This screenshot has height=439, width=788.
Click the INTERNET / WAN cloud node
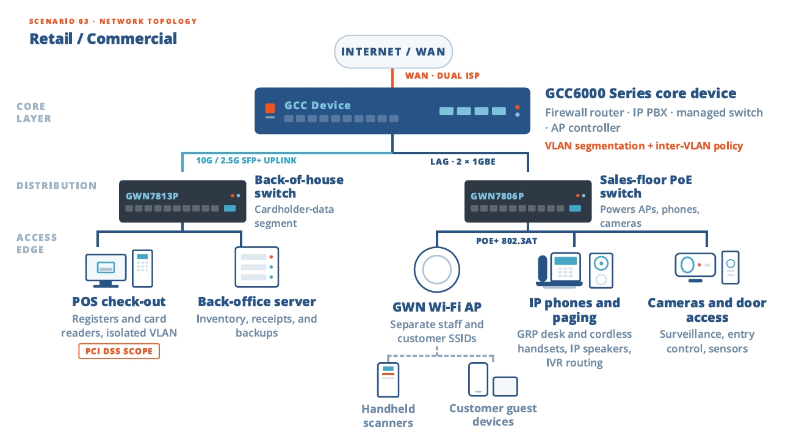(393, 52)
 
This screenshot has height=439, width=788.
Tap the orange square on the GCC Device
(270, 108)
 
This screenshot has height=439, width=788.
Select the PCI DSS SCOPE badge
(119, 351)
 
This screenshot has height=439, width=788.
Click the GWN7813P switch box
(183, 201)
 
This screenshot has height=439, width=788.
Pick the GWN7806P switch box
(528, 201)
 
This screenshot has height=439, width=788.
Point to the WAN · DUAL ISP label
(442, 76)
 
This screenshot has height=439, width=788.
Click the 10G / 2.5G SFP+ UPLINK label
(246, 160)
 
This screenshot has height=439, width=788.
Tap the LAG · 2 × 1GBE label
(463, 162)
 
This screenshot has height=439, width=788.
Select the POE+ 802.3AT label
(507, 241)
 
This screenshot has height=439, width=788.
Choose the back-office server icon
(257, 267)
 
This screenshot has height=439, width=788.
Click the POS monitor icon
(106, 270)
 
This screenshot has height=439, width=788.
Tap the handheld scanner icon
(388, 380)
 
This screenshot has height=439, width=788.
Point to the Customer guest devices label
(493, 415)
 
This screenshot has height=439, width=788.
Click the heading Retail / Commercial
(103, 38)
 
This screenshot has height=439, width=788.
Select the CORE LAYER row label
(34, 112)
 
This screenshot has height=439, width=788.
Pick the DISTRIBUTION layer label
(57, 185)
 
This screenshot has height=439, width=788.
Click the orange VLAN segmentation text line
(644, 146)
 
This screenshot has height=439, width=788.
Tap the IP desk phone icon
(559, 270)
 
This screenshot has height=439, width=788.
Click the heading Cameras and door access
(707, 310)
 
